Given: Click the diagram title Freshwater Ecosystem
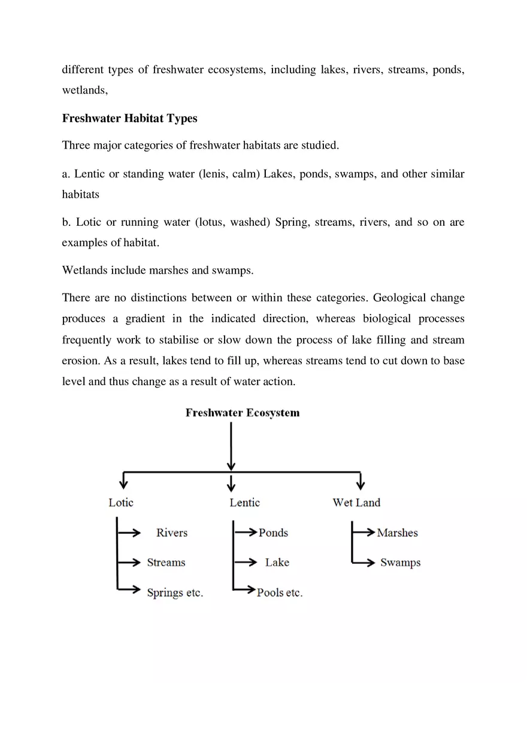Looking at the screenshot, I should [243, 413].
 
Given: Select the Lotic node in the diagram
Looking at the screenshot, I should [121, 503].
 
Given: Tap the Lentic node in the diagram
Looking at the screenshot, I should [244, 503].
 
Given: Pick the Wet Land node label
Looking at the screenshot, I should [356, 503].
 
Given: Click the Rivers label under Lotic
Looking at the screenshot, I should [172, 533].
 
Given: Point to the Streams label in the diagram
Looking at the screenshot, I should [166, 562].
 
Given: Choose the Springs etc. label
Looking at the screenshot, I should [175, 592].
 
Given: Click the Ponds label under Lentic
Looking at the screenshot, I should [273, 533].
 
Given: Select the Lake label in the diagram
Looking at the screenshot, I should [277, 562].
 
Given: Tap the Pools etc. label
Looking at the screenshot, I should [280, 592].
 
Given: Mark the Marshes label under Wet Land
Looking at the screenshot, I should [397, 533].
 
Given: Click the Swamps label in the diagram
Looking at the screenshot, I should [400, 562].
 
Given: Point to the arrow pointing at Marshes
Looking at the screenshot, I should [365, 532].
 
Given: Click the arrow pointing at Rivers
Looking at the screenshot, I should [130, 532].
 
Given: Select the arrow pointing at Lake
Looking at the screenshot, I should [247, 562].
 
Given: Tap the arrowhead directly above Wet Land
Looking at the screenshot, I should [360, 485].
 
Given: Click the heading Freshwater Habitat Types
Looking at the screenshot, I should [129, 118].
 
